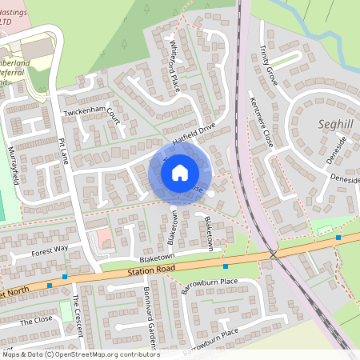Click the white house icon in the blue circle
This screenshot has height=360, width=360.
(x=180, y=171)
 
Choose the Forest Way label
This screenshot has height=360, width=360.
(x=50, y=250)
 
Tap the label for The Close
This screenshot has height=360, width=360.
(x=36, y=320)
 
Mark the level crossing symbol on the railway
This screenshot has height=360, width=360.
(x=274, y=254)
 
